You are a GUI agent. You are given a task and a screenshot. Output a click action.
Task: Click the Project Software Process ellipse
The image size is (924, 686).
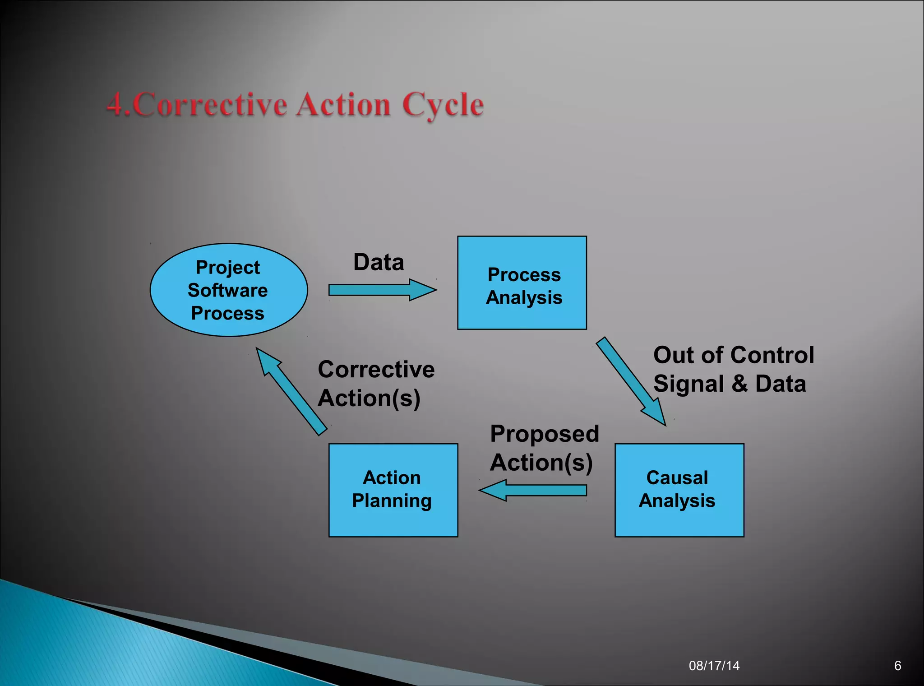pos(228,290)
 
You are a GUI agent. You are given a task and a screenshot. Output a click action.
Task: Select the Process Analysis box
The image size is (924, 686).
pos(522,283)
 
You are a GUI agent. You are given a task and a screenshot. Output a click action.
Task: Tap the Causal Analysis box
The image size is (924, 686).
pos(679,490)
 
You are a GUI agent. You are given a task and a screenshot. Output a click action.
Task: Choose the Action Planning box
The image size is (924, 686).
pos(393,490)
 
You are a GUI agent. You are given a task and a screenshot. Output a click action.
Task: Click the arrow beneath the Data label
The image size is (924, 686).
pos(381,290)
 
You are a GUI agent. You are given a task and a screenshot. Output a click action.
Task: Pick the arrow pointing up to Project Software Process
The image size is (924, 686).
pos(291,391)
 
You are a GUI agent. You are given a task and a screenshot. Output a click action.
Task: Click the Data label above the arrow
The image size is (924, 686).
pos(379,262)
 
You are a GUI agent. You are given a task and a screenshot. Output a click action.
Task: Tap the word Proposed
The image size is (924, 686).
pos(545,434)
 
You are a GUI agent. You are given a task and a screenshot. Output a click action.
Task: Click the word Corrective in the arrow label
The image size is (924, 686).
pos(376,370)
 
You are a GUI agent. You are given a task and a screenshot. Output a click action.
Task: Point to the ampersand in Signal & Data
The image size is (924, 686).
pos(739,384)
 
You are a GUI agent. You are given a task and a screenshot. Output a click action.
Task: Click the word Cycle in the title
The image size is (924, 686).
pos(443,105)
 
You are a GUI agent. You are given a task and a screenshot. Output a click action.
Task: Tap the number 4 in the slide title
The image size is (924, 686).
pos(115,104)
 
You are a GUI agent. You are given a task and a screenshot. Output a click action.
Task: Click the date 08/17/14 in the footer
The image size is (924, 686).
pos(714,666)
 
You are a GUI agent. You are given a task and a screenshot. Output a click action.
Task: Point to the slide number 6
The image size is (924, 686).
pos(897,666)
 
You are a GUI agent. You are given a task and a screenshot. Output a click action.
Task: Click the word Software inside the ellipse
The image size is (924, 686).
pos(228,290)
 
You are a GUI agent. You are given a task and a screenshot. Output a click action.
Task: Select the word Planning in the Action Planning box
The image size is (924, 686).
pos(392,501)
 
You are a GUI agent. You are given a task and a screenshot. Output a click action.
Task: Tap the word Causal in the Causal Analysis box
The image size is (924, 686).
pos(677,478)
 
